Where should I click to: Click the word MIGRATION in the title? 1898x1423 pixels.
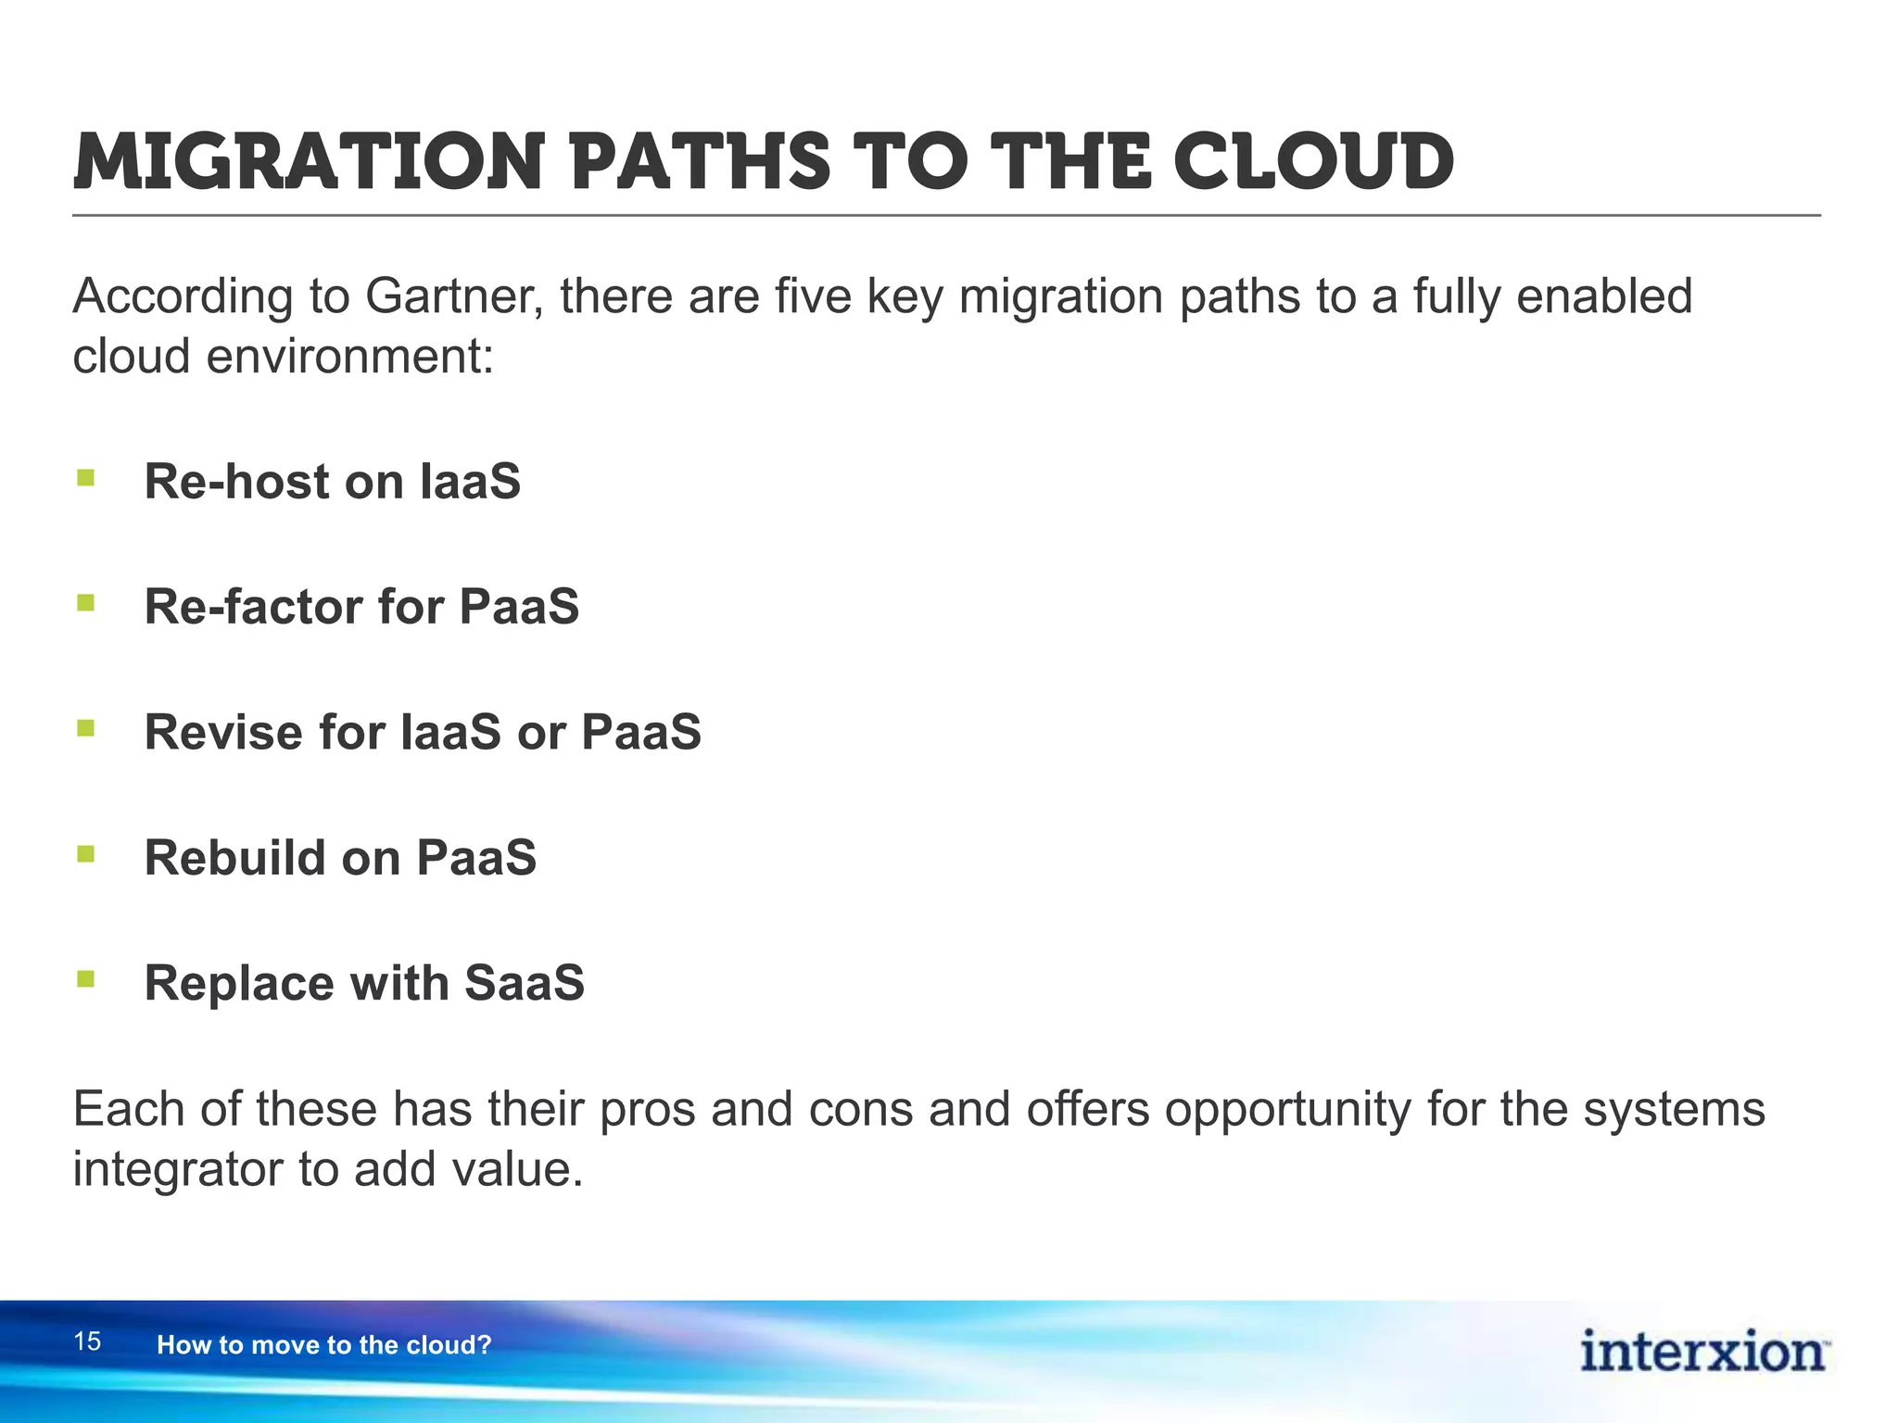pyautogui.click(x=307, y=163)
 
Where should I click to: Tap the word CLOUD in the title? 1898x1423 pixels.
pyautogui.click(x=1313, y=163)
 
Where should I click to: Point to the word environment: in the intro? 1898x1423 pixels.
pyautogui.click(x=350, y=357)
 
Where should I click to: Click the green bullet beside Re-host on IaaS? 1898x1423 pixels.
pyautogui.click(x=86, y=478)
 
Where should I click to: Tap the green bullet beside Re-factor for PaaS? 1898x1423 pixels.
pyautogui.click(x=86, y=603)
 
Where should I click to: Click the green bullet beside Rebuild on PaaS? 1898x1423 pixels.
pyautogui.click(x=86, y=853)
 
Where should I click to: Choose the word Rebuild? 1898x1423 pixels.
pyautogui.click(x=234, y=858)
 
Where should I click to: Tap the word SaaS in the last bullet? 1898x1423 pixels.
pyautogui.click(x=524, y=983)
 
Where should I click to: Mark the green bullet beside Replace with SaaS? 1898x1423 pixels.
pyautogui.click(x=86, y=978)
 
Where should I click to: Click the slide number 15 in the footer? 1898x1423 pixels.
pyautogui.click(x=87, y=1341)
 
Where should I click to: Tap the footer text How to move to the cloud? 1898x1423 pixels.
pyautogui.click(x=323, y=1345)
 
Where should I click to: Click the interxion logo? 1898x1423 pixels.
pyautogui.click(x=1702, y=1352)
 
